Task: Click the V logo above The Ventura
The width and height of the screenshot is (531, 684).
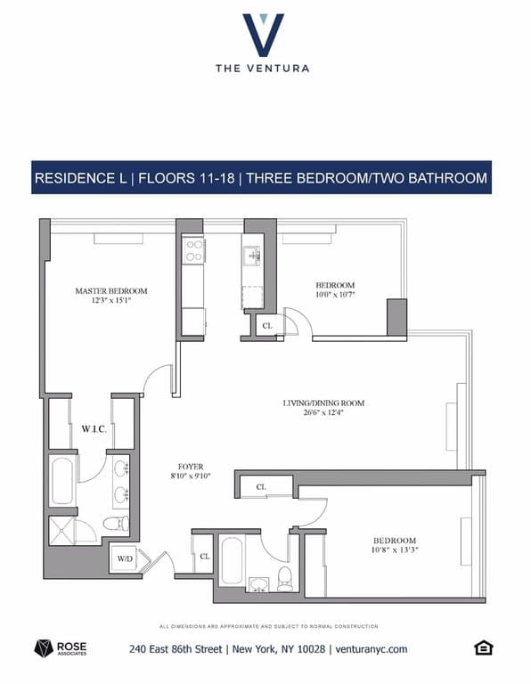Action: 263,34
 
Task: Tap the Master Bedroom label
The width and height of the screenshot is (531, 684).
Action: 111,291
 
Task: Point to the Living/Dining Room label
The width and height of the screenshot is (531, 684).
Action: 323,403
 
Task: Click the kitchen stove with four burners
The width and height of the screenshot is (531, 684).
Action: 192,250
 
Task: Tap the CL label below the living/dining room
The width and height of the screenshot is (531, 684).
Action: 262,487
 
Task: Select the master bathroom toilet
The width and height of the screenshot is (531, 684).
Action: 116,524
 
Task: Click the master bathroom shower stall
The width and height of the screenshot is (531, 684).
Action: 61,532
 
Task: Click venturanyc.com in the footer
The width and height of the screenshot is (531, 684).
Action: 372,649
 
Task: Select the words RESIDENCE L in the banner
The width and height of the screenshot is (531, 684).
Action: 80,177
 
